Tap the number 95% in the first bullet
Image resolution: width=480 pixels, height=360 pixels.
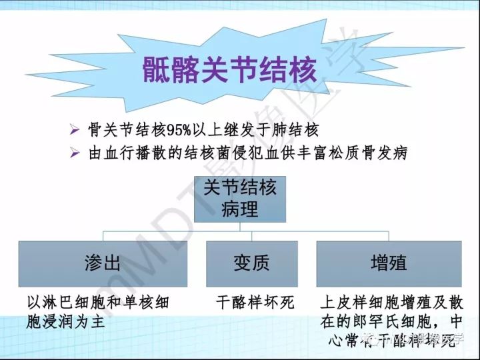[184, 129]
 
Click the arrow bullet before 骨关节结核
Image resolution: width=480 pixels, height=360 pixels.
[75, 129]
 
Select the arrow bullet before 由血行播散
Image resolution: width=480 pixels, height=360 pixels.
[75, 153]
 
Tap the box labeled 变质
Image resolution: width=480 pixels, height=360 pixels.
[251, 263]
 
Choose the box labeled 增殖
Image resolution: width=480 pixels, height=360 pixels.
[389, 263]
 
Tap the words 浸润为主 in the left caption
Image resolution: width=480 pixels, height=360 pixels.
[74, 321]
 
